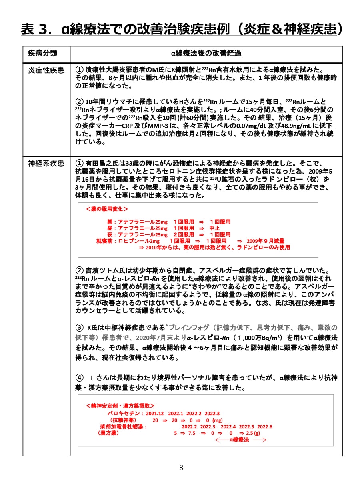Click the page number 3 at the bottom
coord(181,467)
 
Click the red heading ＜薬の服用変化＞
coord(107,209)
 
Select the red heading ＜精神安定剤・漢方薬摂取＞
coord(120,405)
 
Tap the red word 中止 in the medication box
coord(215,228)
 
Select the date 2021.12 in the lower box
coord(155,413)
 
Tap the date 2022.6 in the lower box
coord(264,426)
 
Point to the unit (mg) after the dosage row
coord(217,420)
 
